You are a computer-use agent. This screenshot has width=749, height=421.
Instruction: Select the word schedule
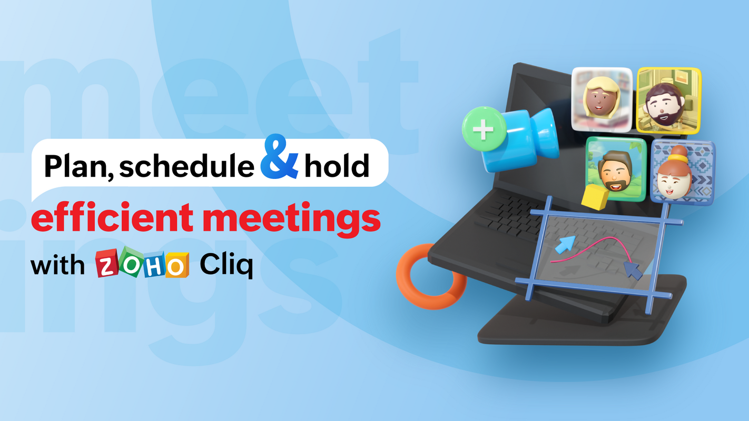tap(186, 166)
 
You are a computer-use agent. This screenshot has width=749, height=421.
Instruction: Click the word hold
tap(337, 166)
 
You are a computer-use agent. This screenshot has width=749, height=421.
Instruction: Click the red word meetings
tap(291, 221)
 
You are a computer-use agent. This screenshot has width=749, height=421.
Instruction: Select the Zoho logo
tap(142, 265)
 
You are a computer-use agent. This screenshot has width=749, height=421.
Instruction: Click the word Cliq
tap(226, 266)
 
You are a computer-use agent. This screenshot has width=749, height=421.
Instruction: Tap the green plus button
tap(483, 129)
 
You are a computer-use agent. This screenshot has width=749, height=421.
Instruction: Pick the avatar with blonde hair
tap(602, 99)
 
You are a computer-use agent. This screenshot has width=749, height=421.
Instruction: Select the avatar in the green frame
tap(617, 168)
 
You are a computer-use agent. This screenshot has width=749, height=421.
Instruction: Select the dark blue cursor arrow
tap(633, 271)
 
